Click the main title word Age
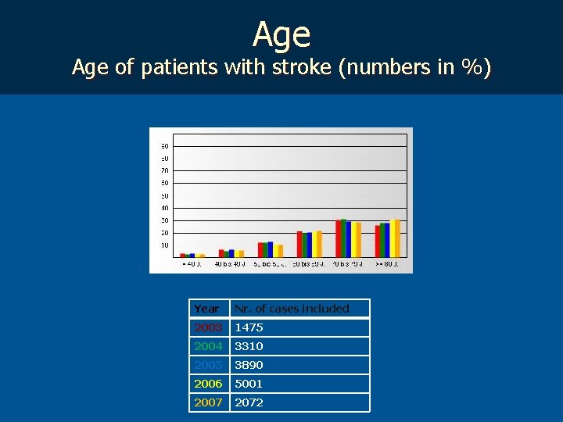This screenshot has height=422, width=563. pos(281,35)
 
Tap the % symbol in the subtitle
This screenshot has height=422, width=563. pos(472,68)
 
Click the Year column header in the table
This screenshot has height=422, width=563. pos(207,309)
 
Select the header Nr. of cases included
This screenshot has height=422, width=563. pos(292,309)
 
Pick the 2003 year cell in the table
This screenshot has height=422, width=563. pos(209,327)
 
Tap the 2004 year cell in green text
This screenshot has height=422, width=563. pos(209,346)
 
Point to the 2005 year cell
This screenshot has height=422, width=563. pos(209,365)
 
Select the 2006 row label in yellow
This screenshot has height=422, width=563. pos(209,384)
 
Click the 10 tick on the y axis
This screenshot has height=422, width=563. pos(165,245)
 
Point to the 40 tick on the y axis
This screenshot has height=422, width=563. pos(165,208)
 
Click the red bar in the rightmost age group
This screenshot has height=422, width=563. pos(378,241)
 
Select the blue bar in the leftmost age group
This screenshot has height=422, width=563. pos(192,255)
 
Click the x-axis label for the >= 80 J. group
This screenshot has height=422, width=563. pos(387,264)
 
